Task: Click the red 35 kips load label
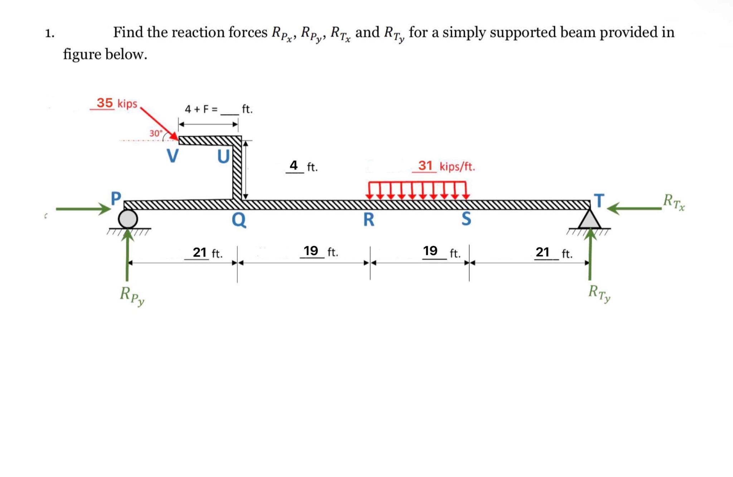tap(117, 103)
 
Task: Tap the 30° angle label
tap(156, 133)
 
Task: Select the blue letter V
tap(173, 156)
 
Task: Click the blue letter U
tap(223, 156)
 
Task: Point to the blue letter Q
tap(239, 219)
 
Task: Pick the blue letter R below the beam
tap(369, 219)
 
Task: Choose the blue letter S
tap(466, 218)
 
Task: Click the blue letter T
tap(599, 200)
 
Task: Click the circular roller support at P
tap(128, 219)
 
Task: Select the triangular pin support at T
tap(589, 220)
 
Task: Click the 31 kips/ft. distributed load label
tap(446, 166)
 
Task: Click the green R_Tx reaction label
tap(674, 202)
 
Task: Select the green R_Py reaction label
tap(132, 296)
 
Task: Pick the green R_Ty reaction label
tap(599, 294)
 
